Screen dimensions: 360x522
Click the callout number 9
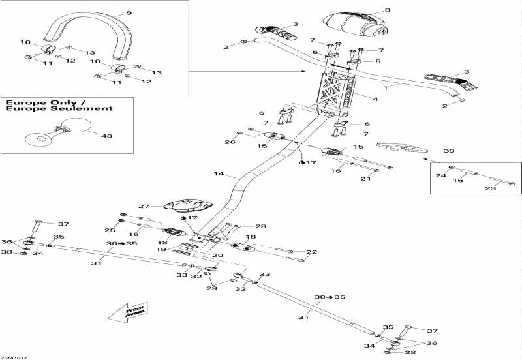point(129,12)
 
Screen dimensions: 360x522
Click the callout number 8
point(387,10)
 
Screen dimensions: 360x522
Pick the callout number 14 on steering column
point(219,174)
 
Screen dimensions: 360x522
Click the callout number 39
point(448,151)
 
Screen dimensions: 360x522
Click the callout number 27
point(144,206)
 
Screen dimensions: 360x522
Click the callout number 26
point(230,142)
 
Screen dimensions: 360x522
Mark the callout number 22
point(311,252)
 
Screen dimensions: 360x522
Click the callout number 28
point(261,226)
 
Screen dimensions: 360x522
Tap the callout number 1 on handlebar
point(386,87)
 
